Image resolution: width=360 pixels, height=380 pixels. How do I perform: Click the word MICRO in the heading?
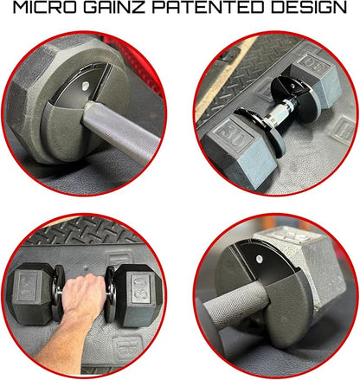tap(45, 8)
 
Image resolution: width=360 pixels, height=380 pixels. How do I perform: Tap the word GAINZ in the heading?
tap(114, 8)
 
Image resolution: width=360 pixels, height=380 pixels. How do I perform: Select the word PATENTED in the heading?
tap(208, 8)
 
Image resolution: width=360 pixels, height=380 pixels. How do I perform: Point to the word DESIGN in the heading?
tap(309, 8)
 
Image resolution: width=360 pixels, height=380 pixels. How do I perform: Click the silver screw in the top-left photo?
tap(86, 86)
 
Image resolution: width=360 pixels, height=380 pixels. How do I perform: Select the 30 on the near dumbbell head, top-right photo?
tap(231, 136)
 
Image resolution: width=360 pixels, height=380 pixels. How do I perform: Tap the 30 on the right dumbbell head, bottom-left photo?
tap(139, 287)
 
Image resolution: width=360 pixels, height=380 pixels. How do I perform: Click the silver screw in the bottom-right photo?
tap(259, 259)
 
